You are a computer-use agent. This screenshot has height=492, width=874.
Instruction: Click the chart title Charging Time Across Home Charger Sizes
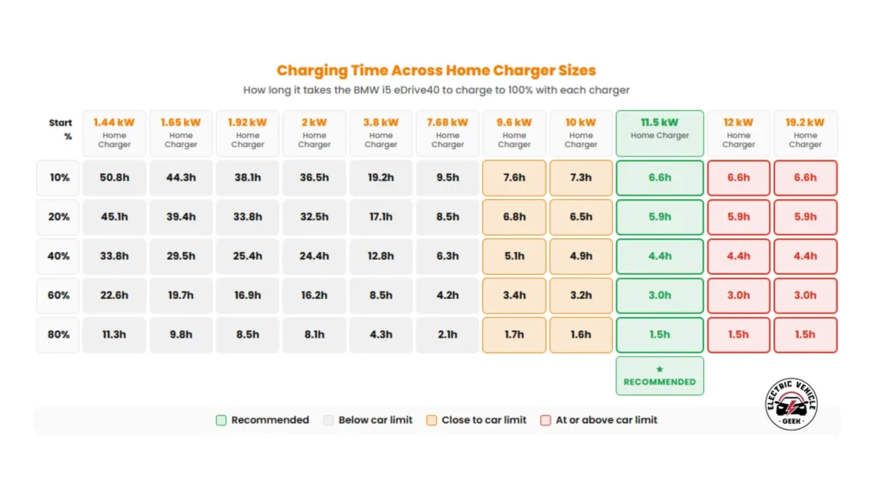click(436, 70)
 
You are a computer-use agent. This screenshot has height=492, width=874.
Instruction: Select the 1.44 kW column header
click(114, 133)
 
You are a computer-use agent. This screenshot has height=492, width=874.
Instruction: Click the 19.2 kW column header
click(805, 133)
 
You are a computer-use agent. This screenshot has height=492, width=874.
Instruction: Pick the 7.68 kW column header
click(447, 133)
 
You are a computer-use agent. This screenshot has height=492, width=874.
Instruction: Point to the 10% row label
click(59, 178)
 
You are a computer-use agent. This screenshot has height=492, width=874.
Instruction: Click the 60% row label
click(59, 296)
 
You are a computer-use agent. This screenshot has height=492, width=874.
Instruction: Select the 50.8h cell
click(114, 178)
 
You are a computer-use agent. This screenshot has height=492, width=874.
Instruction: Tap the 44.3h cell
click(181, 178)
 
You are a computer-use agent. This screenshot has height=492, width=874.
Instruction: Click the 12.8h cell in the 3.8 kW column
click(381, 256)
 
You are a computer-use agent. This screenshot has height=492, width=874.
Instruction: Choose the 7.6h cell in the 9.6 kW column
click(514, 178)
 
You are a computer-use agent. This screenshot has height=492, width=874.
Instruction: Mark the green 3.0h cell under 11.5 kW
click(660, 296)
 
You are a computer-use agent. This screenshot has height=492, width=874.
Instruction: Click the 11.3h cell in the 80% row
click(114, 335)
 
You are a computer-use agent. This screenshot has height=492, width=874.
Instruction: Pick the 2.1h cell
click(447, 335)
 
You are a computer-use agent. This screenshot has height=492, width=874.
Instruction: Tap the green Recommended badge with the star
click(660, 376)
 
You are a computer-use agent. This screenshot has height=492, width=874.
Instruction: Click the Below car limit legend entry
click(368, 420)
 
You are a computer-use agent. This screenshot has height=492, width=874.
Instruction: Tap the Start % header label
click(61, 129)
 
